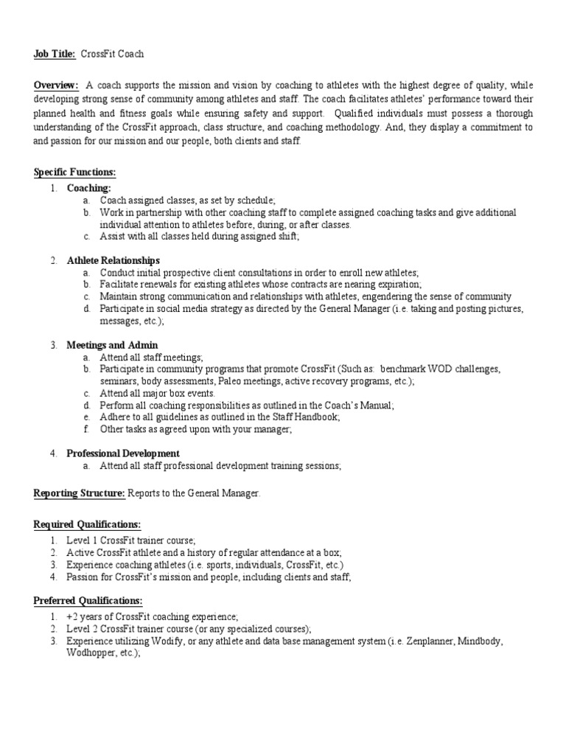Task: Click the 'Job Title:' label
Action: [55, 54]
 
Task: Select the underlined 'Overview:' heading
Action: [56, 86]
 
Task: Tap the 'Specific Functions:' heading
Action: [75, 173]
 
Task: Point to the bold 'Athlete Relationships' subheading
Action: [113, 260]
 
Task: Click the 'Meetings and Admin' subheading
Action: [112, 345]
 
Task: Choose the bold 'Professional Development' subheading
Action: [123, 453]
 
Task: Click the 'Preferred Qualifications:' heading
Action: [88, 601]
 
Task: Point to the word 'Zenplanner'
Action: [420, 641]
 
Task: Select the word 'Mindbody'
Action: [480, 641]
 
